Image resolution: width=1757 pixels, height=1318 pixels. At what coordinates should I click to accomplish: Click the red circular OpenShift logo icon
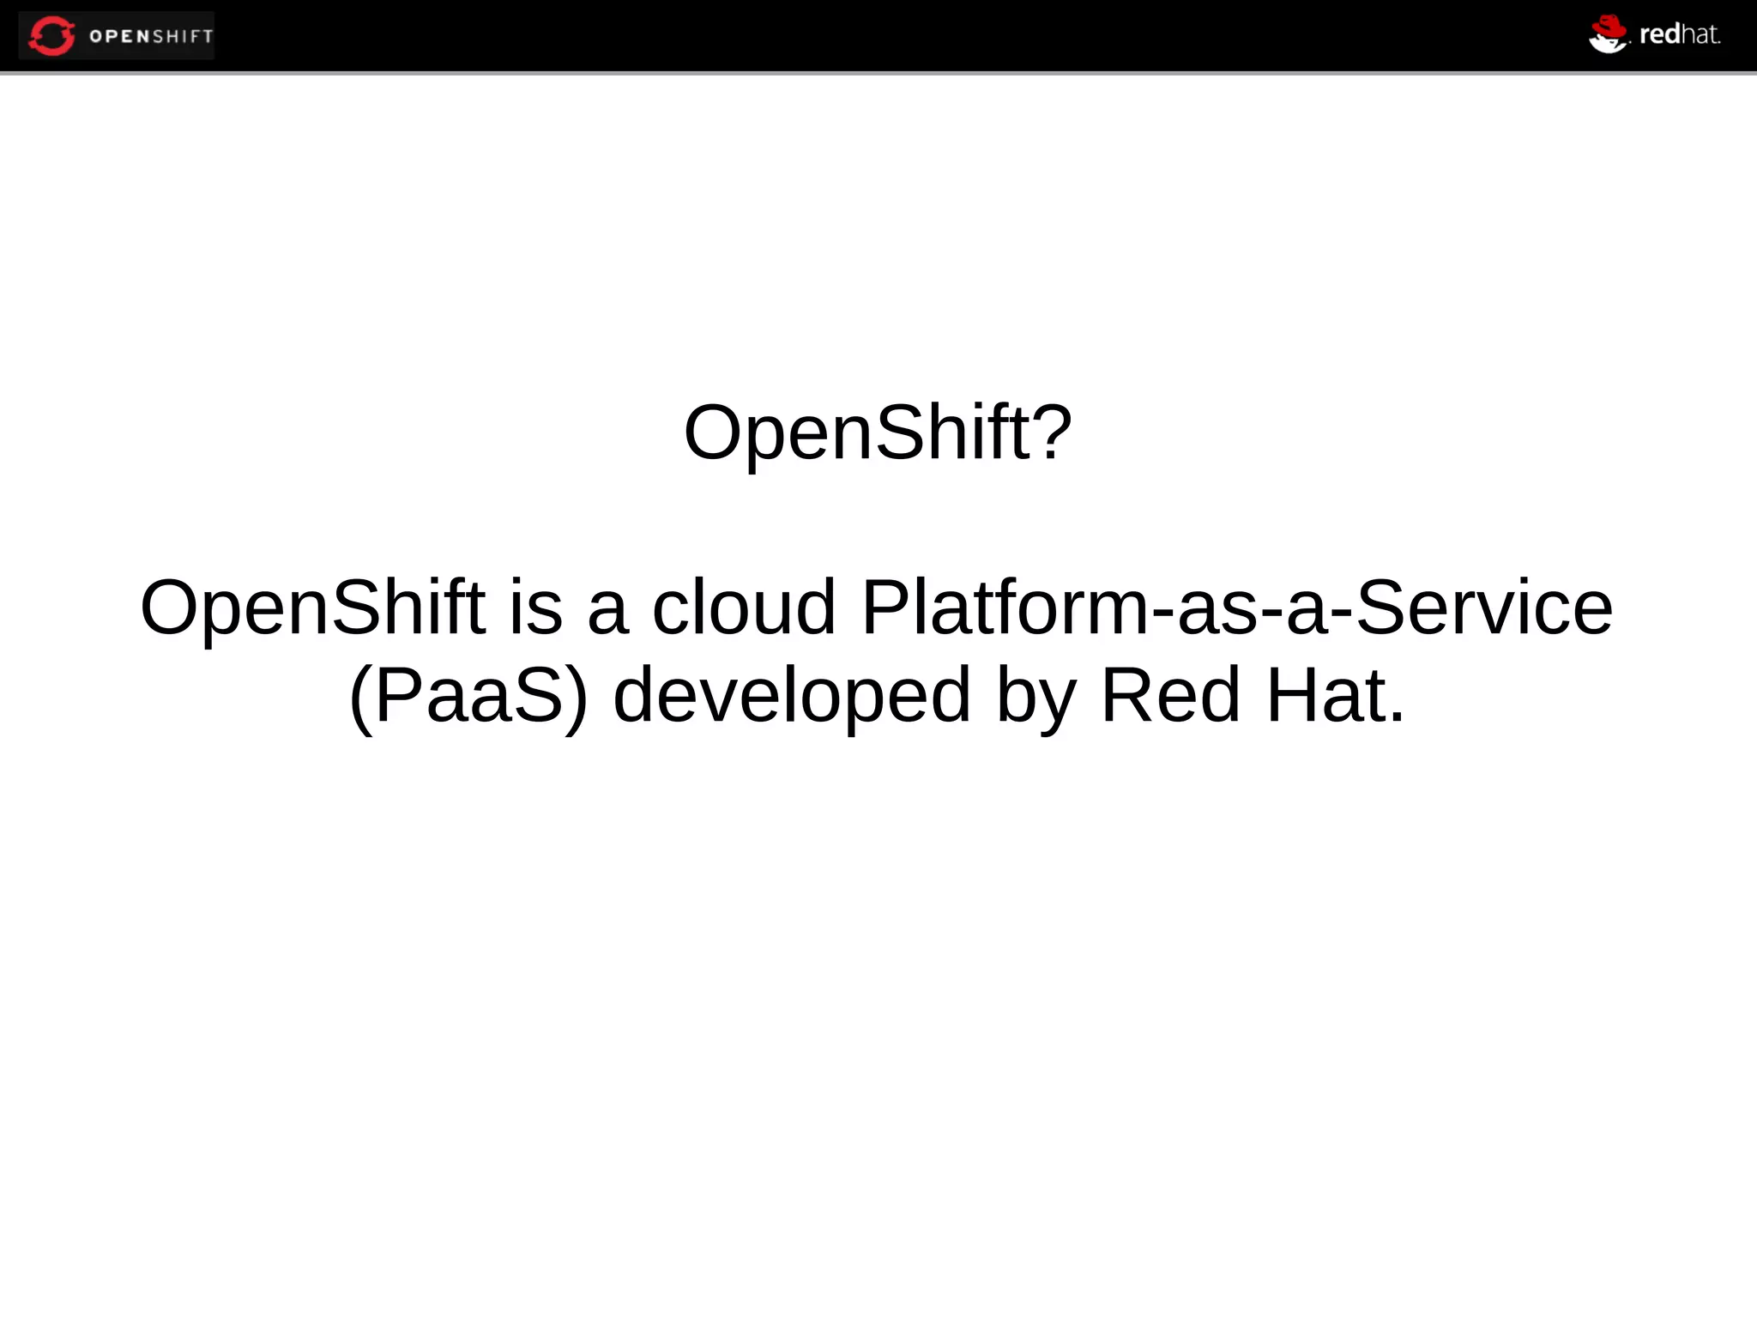click(51, 36)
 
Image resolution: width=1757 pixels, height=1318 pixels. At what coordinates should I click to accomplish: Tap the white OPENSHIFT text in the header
click(151, 36)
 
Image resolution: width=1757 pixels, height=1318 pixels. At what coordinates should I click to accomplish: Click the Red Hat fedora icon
click(1608, 34)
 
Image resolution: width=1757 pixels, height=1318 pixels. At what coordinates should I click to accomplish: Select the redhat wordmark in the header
click(1679, 34)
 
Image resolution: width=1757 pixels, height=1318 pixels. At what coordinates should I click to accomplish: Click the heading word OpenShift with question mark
click(858, 433)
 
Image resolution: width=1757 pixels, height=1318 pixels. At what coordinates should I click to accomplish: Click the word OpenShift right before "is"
click(313, 609)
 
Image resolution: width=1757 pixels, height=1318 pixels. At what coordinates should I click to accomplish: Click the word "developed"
click(791, 697)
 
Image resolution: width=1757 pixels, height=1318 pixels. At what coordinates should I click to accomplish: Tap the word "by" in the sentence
click(1035, 697)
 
